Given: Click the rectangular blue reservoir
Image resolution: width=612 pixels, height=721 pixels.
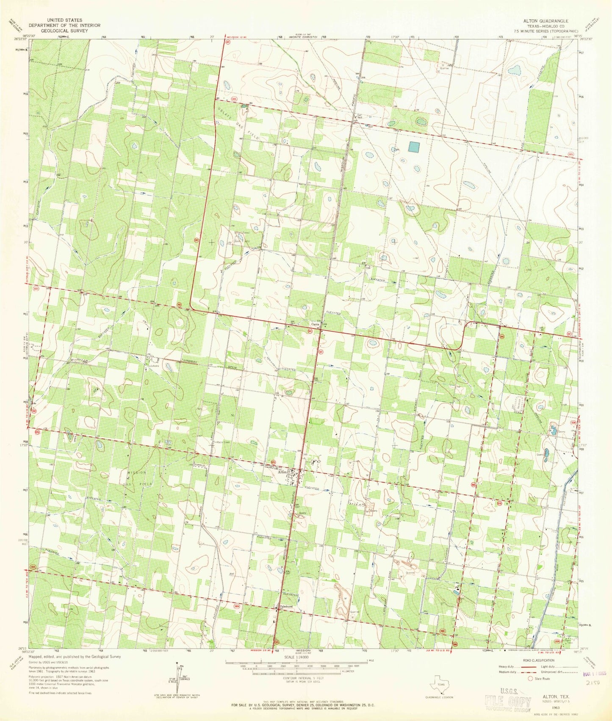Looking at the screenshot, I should [x=414, y=147].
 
